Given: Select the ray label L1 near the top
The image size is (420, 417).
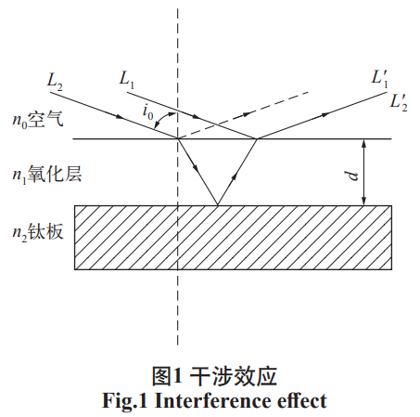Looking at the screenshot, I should click(128, 80).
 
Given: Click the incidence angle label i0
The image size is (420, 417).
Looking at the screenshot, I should click(148, 112).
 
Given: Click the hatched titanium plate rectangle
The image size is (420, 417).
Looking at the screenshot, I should click(232, 237).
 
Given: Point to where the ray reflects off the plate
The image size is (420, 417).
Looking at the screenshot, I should click(216, 205).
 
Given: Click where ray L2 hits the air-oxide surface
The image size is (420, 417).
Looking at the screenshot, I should click(178, 140).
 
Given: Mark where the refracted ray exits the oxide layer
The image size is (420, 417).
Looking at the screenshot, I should click(256, 140).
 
